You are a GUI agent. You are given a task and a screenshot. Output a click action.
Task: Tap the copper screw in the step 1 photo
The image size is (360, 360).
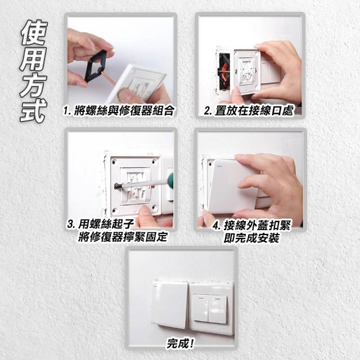click(x=108, y=78)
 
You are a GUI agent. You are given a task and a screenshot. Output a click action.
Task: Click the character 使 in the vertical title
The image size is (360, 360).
click(x=34, y=33)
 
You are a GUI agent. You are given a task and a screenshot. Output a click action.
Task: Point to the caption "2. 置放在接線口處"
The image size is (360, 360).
click(x=249, y=111)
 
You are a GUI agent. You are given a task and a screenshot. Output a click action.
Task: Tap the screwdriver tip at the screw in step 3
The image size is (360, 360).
click(x=118, y=186)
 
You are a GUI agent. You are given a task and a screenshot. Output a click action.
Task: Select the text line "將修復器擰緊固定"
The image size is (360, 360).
click(x=123, y=237)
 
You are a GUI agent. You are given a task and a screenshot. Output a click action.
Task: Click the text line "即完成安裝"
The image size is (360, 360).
click(x=251, y=237)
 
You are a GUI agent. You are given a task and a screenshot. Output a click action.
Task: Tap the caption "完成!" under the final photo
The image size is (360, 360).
click(x=181, y=343)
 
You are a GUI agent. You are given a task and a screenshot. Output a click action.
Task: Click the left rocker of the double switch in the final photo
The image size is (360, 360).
click(x=201, y=308)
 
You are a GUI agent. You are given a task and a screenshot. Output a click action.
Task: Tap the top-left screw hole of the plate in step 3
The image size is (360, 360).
click(x=114, y=161)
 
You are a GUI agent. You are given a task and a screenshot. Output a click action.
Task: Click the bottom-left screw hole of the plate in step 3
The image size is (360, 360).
click(x=114, y=210)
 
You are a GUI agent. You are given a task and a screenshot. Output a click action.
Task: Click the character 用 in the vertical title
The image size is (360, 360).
click(x=34, y=59)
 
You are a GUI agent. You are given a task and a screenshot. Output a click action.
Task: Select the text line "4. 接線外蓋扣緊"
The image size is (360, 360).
click(x=251, y=226)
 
